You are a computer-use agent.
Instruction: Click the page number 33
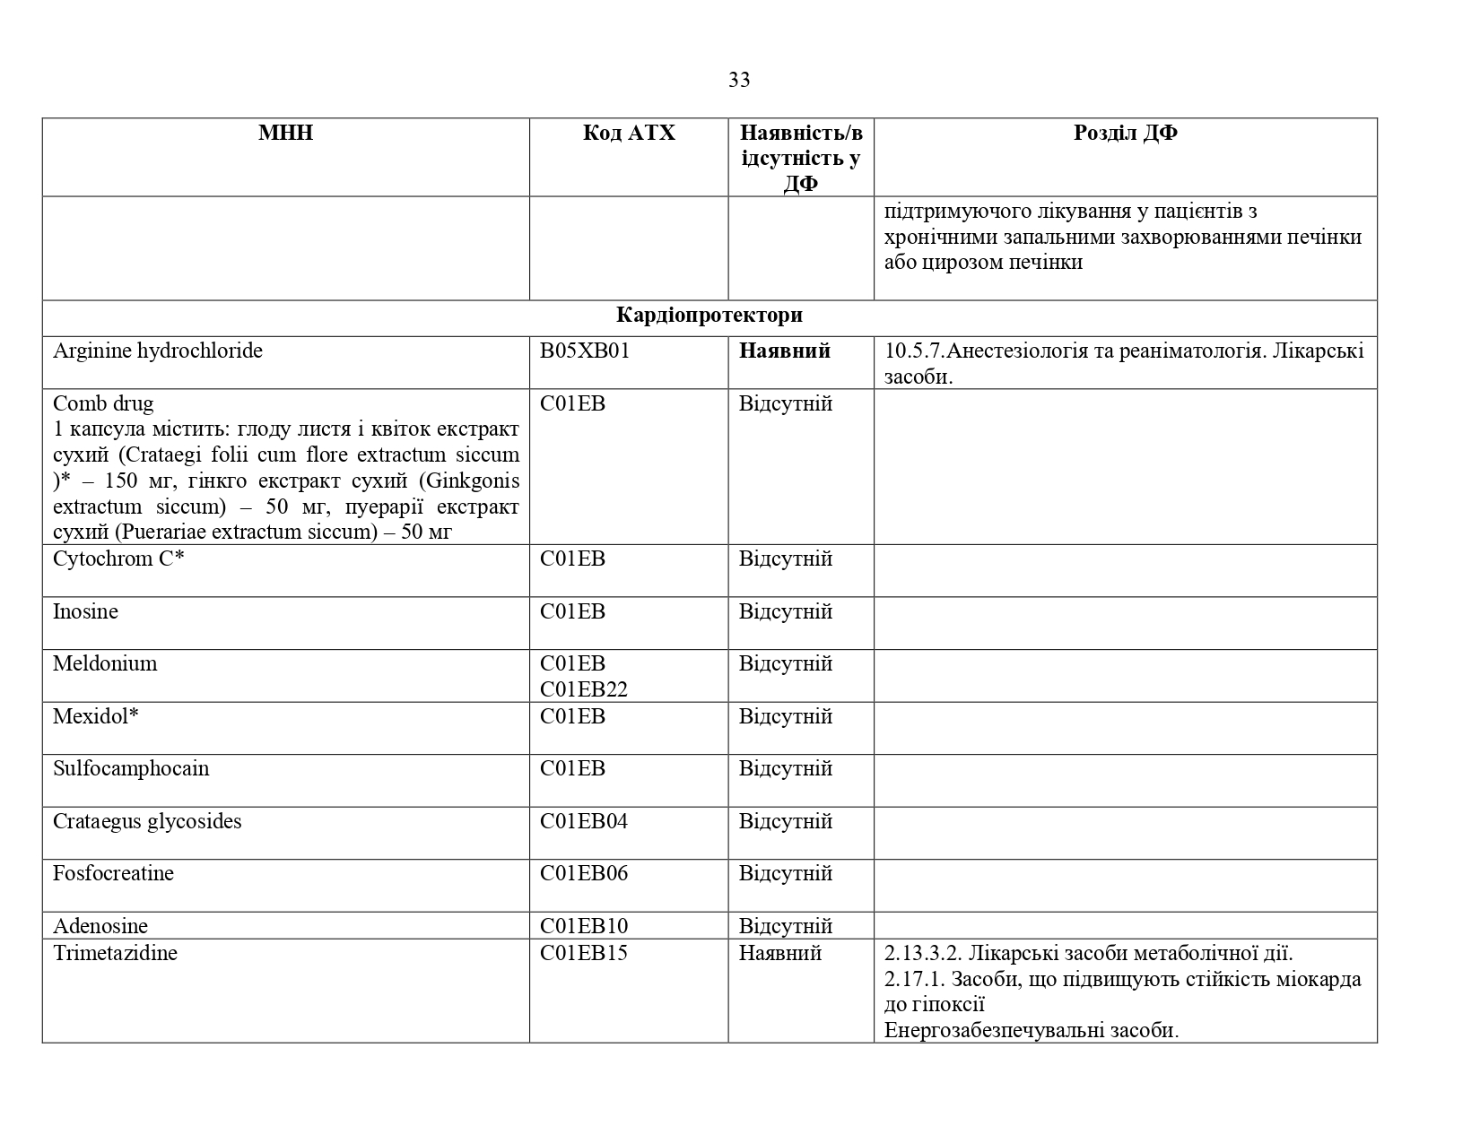tap(739, 80)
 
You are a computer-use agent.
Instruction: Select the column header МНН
tap(285, 133)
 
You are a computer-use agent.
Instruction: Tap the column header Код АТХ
tap(628, 133)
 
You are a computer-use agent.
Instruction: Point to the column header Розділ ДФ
tap(1125, 133)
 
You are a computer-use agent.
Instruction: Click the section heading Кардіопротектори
tap(709, 316)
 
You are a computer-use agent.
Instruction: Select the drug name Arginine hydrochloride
tap(158, 351)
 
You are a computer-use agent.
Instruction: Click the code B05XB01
tap(585, 351)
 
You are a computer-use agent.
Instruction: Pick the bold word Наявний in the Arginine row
tap(784, 351)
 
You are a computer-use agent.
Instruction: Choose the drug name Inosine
tap(85, 611)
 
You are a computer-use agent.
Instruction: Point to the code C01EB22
tap(584, 689)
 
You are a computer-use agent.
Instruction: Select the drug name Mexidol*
tap(95, 716)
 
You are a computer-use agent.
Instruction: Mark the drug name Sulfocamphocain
tap(131, 768)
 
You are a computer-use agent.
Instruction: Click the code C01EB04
tap(584, 821)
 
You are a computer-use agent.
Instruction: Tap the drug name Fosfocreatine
tap(113, 873)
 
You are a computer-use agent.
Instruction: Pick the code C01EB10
tap(584, 926)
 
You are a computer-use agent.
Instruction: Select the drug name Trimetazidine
tap(115, 952)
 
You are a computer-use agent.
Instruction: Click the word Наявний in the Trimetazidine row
tap(779, 952)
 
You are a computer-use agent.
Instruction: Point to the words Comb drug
tap(103, 403)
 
